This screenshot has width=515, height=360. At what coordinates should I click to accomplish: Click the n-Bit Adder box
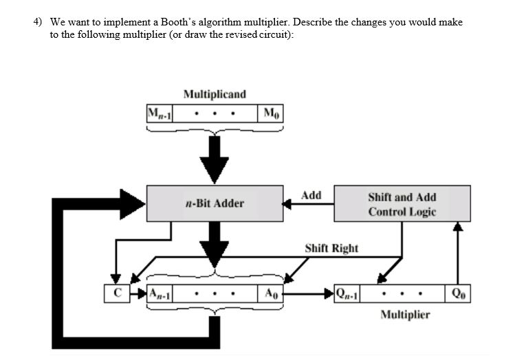coord(215,203)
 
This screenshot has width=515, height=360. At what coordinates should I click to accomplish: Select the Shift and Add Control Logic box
coord(402,204)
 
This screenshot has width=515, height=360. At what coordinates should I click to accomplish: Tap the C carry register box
coord(117,293)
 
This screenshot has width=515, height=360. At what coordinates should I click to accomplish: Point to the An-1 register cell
coord(160,293)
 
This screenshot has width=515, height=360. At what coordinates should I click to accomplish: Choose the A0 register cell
coord(271,293)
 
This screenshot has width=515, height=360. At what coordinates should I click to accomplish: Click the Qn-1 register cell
coord(347,293)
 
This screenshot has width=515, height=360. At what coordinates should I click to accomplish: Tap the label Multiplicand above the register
coord(215,93)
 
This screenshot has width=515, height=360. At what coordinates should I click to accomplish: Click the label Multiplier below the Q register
coord(405,315)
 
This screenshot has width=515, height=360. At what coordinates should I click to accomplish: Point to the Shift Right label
coord(331,247)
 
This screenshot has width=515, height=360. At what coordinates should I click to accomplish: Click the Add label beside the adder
coord(311,195)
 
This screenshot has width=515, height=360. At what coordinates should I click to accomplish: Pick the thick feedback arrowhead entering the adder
coord(131,201)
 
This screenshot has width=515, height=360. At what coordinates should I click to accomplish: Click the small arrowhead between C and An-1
coord(140,293)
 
